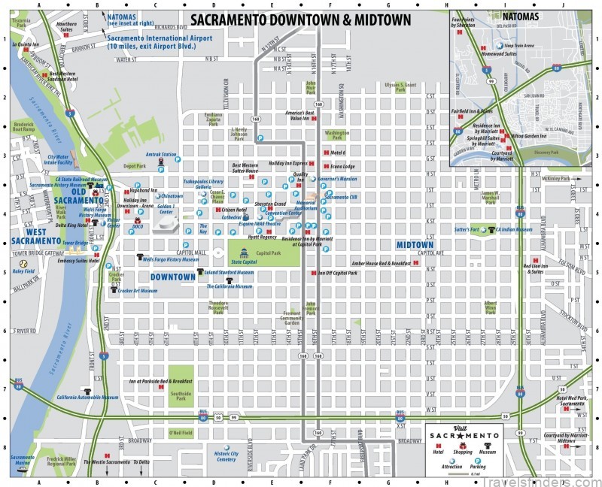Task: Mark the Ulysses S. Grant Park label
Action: click(x=400, y=86)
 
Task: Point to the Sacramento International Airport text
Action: click(x=150, y=41)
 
